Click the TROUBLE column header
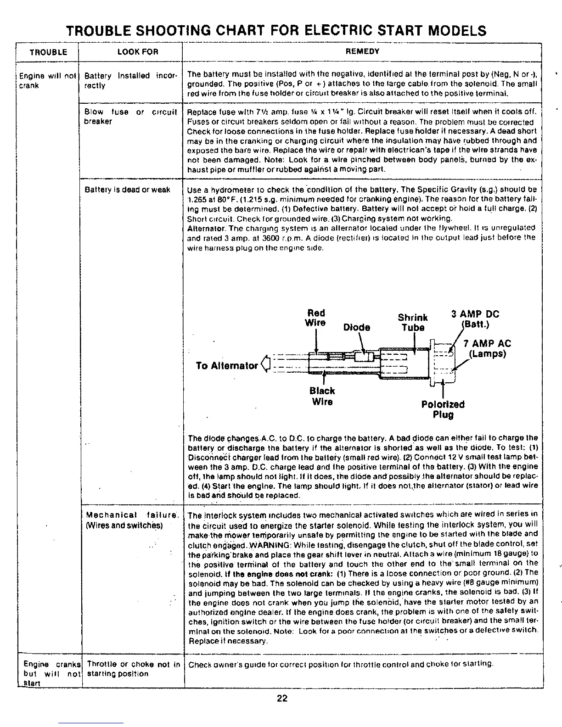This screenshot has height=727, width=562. point(48,52)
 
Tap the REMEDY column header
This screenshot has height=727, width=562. point(363,51)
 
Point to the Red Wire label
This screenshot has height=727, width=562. point(316,318)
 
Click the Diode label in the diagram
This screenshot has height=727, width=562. point(357,327)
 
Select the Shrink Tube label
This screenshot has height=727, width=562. point(413,322)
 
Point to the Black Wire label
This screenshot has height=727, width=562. point(322,397)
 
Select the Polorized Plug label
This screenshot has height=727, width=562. point(443,410)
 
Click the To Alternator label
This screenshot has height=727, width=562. point(226,366)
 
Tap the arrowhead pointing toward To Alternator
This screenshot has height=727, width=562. point(264,365)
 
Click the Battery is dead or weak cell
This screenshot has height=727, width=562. point(127,190)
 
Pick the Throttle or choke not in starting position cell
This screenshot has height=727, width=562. point(133,669)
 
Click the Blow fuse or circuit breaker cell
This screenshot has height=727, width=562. point(130,117)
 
